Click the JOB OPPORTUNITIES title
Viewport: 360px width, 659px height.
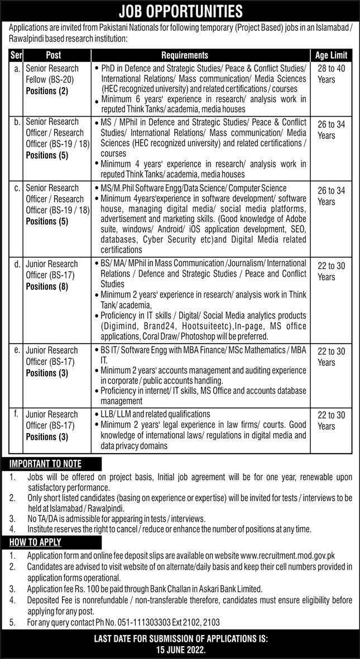(180, 11)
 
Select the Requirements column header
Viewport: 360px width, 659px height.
(185, 55)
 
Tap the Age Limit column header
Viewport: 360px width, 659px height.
(330, 55)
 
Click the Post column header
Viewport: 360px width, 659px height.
(54, 55)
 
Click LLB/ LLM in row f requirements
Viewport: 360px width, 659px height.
(118, 414)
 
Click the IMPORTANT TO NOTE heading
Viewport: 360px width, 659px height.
(46, 464)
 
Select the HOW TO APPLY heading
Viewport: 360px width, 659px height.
(36, 542)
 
